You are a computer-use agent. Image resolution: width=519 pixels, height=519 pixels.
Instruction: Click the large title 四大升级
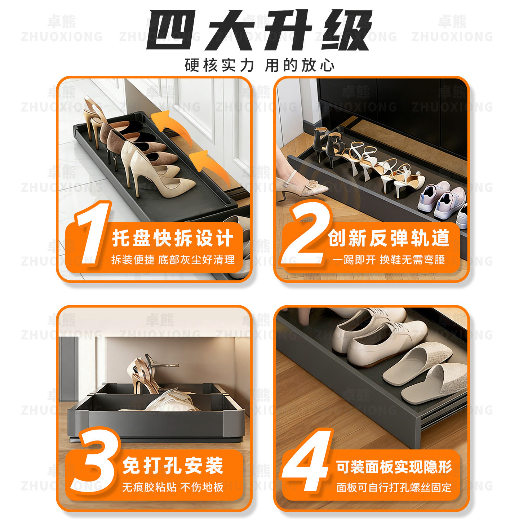point(259,31)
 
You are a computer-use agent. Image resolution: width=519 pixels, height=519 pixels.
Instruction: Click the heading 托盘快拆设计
point(173,239)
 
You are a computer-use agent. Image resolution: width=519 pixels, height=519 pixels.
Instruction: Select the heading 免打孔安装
point(173,466)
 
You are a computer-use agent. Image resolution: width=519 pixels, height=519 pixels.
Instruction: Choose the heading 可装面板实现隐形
point(394,467)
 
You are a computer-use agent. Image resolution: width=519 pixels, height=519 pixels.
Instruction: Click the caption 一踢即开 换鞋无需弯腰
point(389,260)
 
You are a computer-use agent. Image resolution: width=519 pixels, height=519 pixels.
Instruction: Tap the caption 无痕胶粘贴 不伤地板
point(173,487)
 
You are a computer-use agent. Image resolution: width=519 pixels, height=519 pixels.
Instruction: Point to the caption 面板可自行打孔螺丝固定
point(394,488)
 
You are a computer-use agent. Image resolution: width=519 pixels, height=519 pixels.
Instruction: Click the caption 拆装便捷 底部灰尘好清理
point(173,260)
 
